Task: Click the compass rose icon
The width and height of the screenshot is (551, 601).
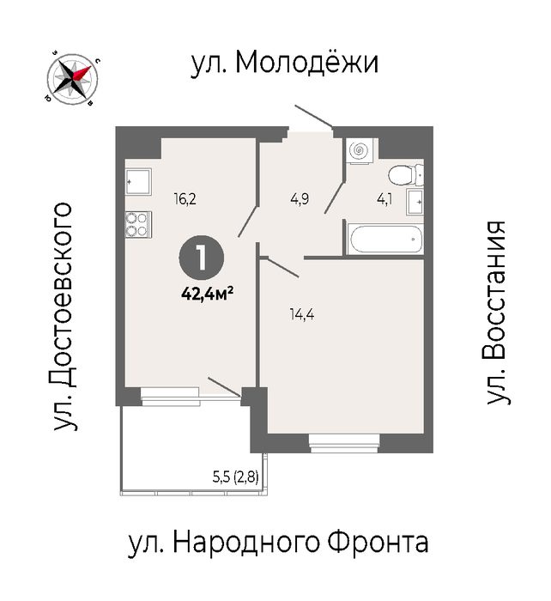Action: click(x=72, y=79)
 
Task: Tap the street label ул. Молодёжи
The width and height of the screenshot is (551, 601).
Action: click(x=285, y=63)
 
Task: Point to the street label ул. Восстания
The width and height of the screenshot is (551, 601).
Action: click(x=497, y=313)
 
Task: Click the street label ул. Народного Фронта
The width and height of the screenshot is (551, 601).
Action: click(x=278, y=543)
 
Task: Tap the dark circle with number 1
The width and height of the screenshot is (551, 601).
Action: click(x=202, y=258)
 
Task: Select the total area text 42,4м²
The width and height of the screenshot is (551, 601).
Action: click(x=208, y=294)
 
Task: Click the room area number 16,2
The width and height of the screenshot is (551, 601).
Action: click(x=185, y=199)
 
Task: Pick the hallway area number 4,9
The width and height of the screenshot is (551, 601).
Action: click(x=300, y=199)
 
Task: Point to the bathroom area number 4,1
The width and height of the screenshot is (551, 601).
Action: click(x=384, y=200)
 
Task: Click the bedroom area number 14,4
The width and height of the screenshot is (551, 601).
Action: click(x=302, y=315)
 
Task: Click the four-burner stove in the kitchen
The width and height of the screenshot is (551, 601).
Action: click(x=138, y=225)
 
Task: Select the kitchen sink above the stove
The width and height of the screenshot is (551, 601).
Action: click(x=138, y=182)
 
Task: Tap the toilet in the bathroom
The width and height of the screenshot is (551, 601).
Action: click(x=406, y=175)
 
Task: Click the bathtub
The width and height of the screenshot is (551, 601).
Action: click(x=385, y=240)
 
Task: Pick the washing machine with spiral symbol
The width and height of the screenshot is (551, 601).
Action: click(x=359, y=151)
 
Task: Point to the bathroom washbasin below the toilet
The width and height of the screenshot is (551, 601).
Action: click(x=415, y=202)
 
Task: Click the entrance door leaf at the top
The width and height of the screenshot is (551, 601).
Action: click(x=313, y=115)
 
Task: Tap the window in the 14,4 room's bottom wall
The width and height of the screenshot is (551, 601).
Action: click(x=344, y=443)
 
